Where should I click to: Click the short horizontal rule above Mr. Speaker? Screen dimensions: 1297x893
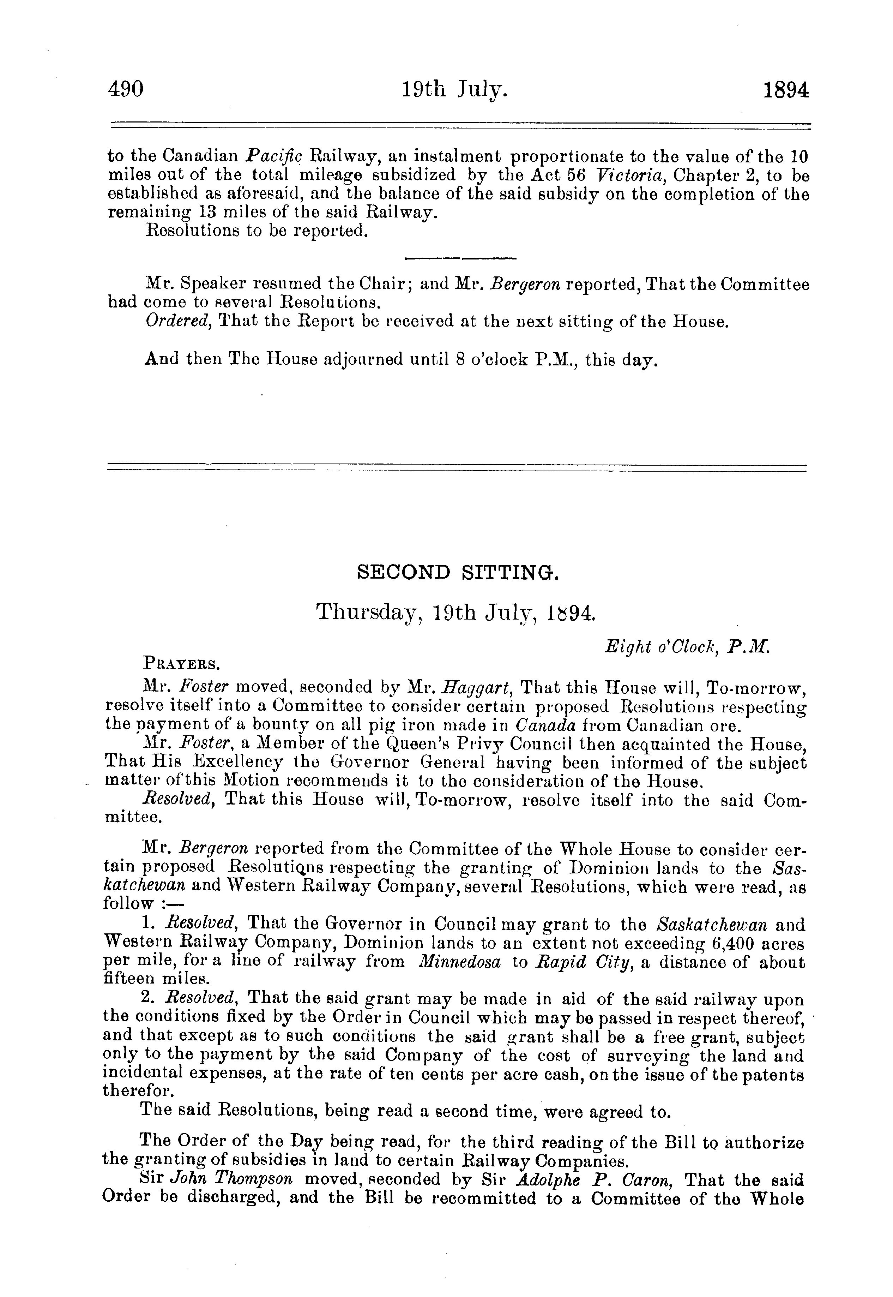(x=460, y=258)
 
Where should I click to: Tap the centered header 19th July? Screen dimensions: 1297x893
(x=454, y=90)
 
